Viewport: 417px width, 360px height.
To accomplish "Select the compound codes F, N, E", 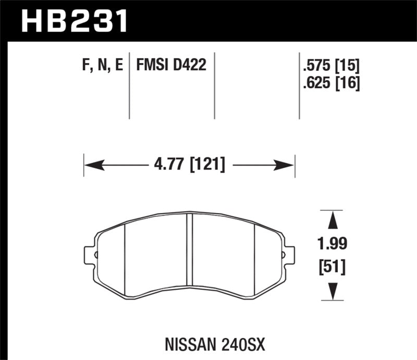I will pos(102,66).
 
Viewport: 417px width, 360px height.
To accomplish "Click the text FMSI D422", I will pos(171,66).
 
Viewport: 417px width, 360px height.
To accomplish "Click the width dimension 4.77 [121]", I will pos(189,166).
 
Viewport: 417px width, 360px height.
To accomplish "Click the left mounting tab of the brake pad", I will pos(90,255).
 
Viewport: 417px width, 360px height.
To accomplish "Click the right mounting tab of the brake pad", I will pos(289,255).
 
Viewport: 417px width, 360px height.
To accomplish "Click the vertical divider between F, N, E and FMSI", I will pos(129,86).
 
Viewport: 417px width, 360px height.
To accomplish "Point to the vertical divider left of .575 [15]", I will pos(299,86).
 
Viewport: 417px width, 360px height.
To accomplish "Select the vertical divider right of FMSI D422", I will pos(215,86).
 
